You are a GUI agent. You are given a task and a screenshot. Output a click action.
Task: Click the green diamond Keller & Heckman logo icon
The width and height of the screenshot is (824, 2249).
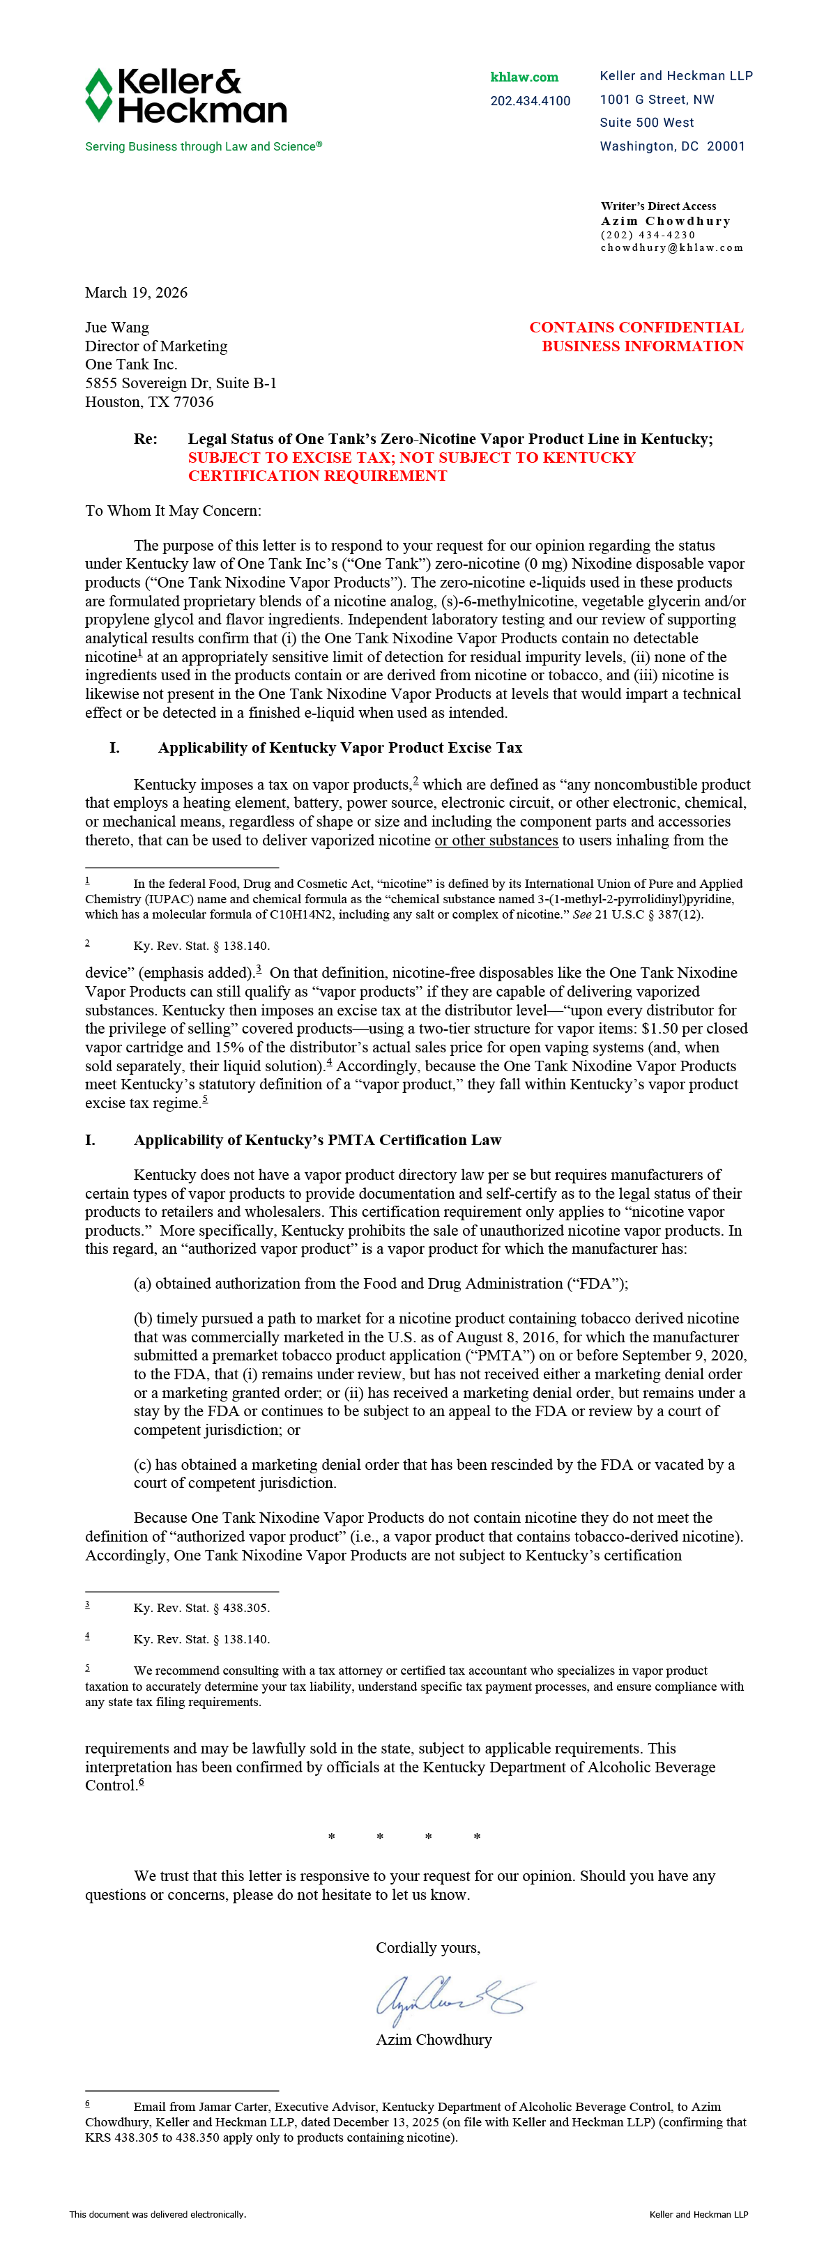pyautogui.click(x=98, y=95)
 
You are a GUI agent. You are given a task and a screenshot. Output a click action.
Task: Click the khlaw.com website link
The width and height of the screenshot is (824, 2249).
pyautogui.click(x=524, y=77)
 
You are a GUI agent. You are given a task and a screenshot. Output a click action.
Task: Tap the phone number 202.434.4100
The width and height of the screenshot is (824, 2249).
pyautogui.click(x=530, y=101)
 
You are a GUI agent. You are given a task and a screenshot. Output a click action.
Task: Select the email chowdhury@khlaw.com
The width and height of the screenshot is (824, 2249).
pyautogui.click(x=671, y=248)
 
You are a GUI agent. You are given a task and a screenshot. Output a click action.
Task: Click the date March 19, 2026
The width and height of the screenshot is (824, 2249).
pyautogui.click(x=136, y=293)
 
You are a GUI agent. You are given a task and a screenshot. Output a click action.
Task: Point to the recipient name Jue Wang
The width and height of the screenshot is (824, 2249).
pyautogui.click(x=117, y=328)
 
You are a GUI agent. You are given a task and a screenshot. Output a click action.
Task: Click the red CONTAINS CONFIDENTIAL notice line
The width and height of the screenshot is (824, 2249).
pyautogui.click(x=636, y=328)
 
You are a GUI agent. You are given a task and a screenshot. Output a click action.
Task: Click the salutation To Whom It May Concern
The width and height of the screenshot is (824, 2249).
pyautogui.click(x=173, y=511)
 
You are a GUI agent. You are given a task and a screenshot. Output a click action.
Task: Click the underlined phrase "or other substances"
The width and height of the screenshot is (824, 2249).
pyautogui.click(x=496, y=840)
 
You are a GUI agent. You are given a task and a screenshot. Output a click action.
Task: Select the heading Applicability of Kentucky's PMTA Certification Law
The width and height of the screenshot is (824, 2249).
pyautogui.click(x=317, y=1139)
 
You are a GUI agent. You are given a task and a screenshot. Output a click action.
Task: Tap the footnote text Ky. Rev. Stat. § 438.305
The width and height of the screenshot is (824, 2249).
pyautogui.click(x=201, y=1607)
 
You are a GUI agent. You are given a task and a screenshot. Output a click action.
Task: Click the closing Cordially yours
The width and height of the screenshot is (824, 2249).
pyautogui.click(x=428, y=1948)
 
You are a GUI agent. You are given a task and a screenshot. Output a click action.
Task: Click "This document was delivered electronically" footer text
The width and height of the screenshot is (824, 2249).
pyautogui.click(x=158, y=2214)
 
